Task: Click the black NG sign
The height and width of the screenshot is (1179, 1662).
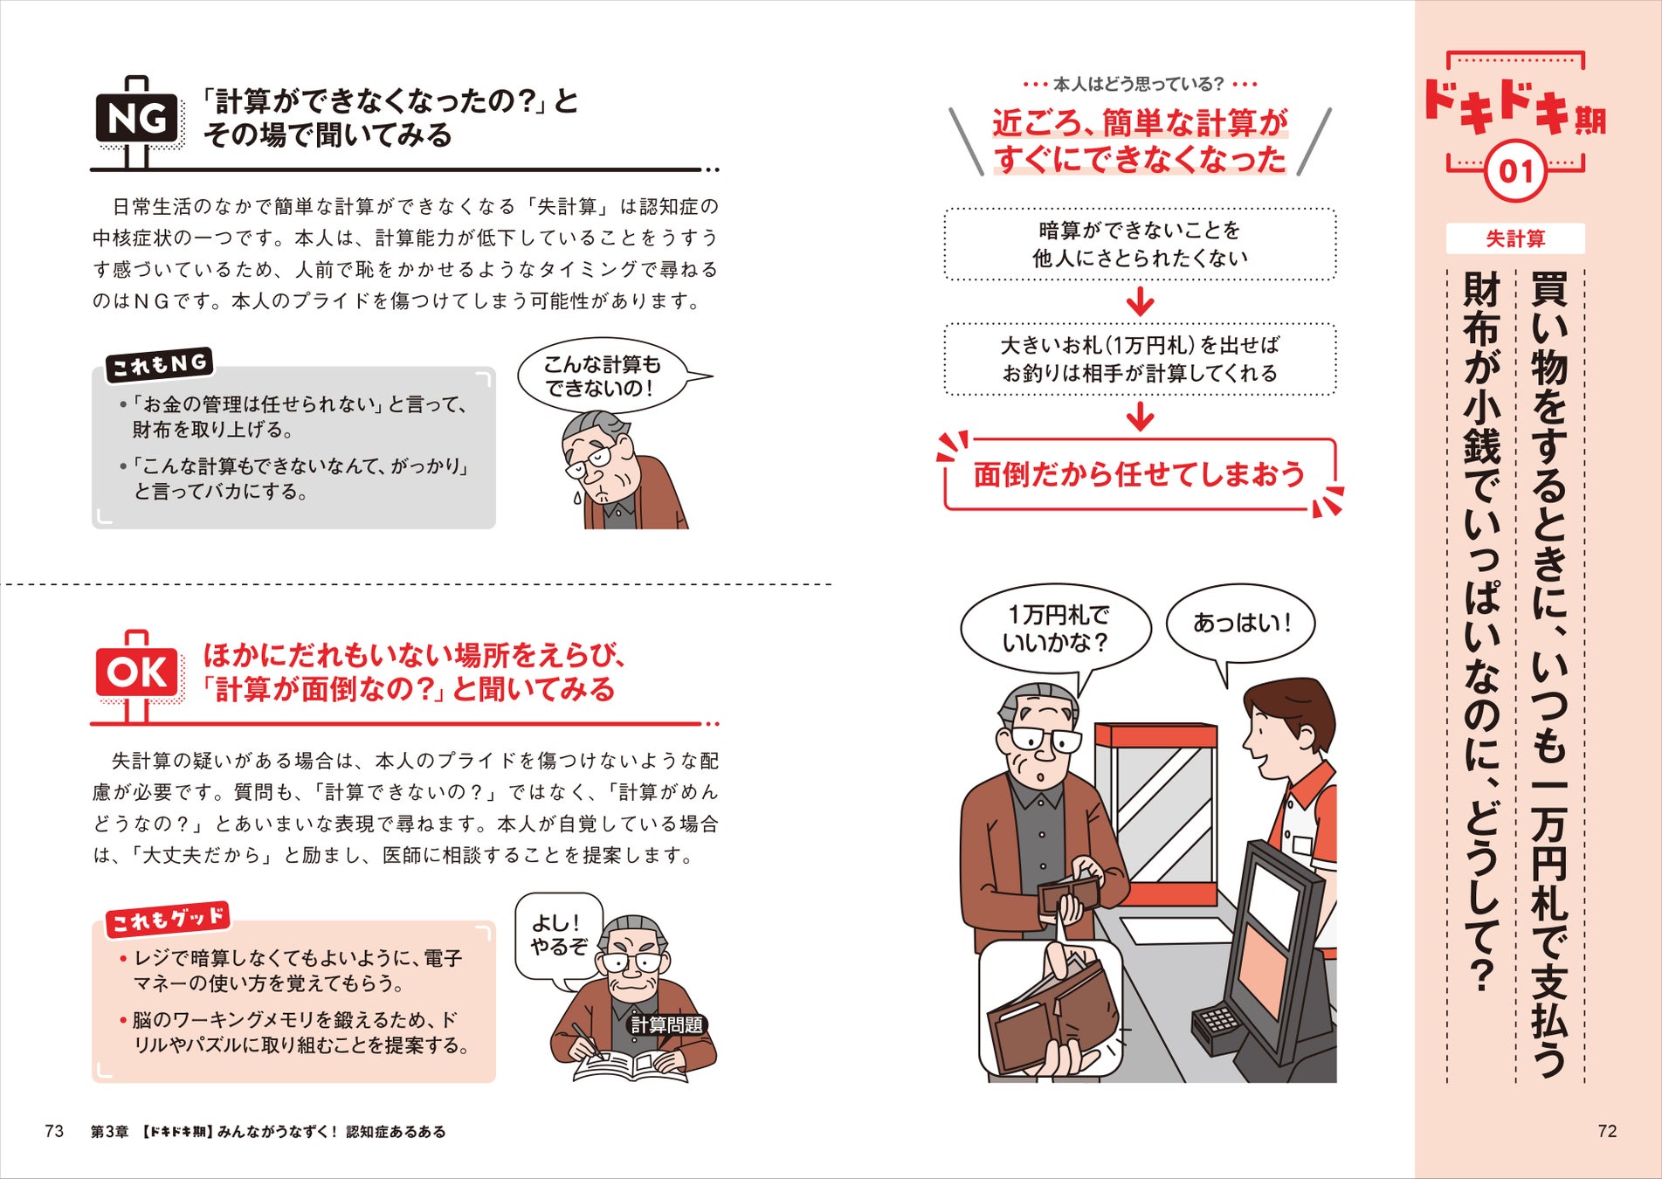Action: (x=137, y=118)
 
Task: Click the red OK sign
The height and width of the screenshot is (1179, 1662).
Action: (x=137, y=672)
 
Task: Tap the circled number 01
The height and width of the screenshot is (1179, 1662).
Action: (x=1515, y=170)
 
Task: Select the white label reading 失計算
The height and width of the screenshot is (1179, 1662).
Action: (x=1515, y=238)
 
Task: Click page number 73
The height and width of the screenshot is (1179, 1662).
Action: (x=54, y=1131)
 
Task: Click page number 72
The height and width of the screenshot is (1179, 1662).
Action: (x=1607, y=1131)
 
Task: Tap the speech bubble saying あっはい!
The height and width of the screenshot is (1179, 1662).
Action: (x=1240, y=624)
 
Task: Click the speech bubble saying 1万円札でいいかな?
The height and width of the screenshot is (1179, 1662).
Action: (x=1055, y=629)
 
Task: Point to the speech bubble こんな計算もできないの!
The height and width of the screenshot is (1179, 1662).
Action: (x=602, y=376)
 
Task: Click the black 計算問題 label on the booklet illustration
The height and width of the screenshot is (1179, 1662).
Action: (x=666, y=1024)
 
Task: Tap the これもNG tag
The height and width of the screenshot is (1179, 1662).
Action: (x=159, y=364)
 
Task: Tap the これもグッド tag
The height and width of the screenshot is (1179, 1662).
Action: (x=168, y=919)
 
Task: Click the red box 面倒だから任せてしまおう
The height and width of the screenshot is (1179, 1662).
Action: (x=1139, y=474)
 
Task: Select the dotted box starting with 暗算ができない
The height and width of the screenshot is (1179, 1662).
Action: (x=1139, y=244)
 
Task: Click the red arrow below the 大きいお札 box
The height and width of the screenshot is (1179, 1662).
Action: (x=1140, y=417)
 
